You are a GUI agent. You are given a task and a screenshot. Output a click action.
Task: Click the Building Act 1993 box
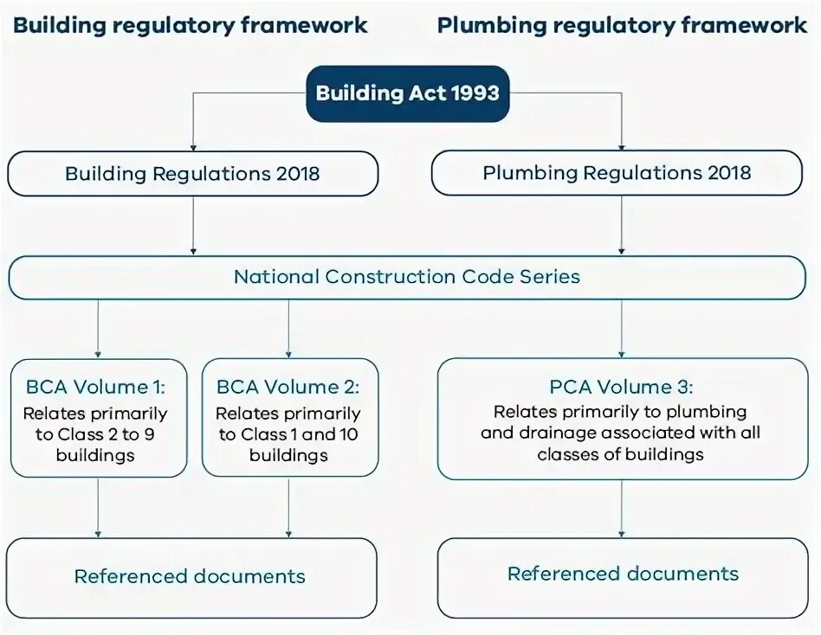pos(407,93)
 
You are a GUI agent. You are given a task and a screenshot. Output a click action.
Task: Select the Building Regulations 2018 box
pos(192,173)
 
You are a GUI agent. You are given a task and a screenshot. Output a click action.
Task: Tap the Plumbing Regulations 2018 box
pos(617,172)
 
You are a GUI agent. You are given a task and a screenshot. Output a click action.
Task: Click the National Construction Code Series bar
pos(407,277)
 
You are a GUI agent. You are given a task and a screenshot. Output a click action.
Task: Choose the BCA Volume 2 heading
pos(288,387)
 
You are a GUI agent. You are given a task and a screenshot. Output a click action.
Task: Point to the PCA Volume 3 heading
pos(621,387)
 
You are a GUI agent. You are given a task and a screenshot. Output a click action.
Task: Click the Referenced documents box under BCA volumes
pos(191,576)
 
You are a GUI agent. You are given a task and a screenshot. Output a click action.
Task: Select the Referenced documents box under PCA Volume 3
pos(623,574)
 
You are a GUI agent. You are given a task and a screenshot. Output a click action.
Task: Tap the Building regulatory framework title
pos(191,25)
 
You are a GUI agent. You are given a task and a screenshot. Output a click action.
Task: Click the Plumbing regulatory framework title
pos(622,25)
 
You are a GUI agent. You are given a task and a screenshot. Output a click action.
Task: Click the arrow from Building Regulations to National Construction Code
pos(192,225)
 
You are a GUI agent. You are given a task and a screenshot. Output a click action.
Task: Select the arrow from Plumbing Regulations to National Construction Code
pos(621,225)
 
